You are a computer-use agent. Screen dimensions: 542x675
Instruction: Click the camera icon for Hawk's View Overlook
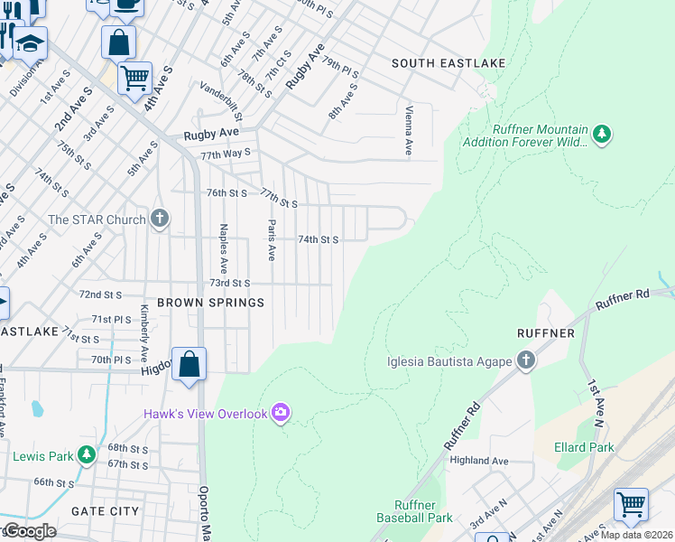[x=282, y=413]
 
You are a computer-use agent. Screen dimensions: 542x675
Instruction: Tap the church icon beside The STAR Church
[x=160, y=219]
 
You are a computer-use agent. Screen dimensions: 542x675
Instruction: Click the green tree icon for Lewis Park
[x=86, y=455]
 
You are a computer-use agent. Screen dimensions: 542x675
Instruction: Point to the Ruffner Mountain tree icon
[x=601, y=135]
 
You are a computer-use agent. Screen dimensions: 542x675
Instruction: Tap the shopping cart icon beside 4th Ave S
[x=134, y=78]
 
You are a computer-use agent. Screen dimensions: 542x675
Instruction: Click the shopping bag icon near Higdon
[x=190, y=365]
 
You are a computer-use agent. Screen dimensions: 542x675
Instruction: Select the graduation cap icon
[x=30, y=43]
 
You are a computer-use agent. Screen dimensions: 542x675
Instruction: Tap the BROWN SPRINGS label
[x=211, y=303]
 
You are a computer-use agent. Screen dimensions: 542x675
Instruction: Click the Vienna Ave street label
[x=409, y=129]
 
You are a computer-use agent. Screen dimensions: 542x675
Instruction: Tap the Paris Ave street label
[x=270, y=238]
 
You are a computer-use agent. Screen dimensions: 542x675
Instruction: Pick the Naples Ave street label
[x=223, y=243]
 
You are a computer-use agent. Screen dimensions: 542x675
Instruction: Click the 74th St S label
[x=318, y=239]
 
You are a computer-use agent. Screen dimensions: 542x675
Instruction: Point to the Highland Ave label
[x=479, y=461]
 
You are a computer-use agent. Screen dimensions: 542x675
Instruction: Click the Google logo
[x=29, y=531]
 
